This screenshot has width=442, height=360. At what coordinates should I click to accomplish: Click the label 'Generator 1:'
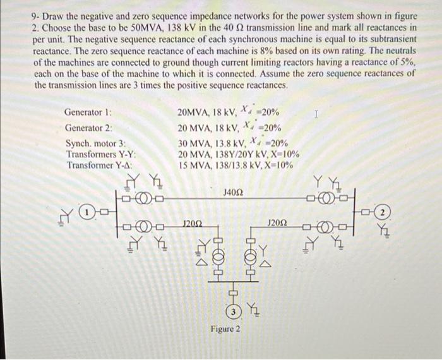coord(88,112)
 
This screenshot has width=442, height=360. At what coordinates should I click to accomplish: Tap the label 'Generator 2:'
coord(88,128)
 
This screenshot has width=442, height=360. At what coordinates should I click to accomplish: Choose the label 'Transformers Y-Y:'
coord(102,154)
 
